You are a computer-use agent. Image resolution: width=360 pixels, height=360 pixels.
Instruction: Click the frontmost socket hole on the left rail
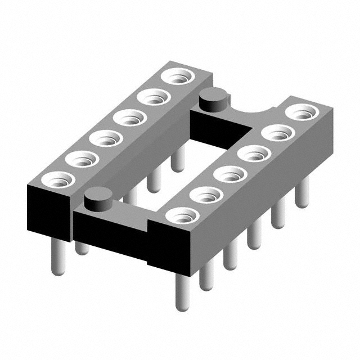point(58,180)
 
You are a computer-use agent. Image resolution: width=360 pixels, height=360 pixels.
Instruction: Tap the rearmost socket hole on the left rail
point(178,76)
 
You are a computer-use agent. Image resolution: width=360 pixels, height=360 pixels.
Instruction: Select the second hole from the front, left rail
point(82,160)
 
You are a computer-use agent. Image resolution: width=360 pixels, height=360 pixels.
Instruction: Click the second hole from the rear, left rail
point(154,97)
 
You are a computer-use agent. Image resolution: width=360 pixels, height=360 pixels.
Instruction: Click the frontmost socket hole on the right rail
point(183,215)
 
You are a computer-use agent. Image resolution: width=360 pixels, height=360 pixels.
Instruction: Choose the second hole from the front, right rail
point(206,195)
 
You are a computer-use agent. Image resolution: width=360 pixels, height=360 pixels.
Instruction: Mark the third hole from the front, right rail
point(230,174)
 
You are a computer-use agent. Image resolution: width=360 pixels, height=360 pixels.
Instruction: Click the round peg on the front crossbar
point(99,199)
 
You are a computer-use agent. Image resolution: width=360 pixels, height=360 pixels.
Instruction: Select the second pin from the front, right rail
point(206,276)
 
